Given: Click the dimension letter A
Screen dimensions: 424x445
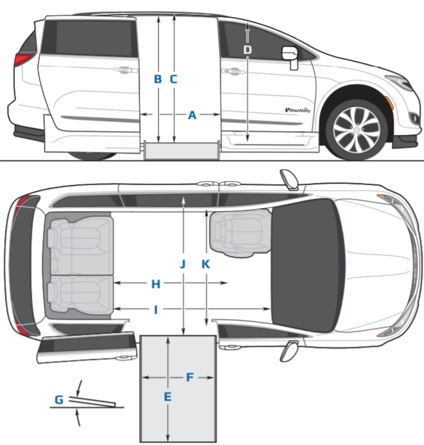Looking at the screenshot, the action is (x=192, y=115).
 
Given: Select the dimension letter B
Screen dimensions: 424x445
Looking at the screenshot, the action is (x=158, y=79).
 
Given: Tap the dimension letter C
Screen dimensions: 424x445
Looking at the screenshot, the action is (x=173, y=79).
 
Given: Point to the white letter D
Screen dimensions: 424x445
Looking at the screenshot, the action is (x=247, y=50).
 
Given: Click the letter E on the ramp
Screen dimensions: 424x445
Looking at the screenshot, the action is (x=168, y=397).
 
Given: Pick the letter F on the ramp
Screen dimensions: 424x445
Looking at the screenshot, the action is (x=190, y=377).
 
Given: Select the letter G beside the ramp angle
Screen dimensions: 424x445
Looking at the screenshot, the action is (x=59, y=400).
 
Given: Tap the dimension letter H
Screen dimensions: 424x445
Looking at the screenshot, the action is (x=156, y=284).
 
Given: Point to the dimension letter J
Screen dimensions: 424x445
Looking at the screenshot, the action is (x=183, y=264).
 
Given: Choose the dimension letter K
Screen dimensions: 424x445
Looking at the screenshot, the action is (x=206, y=264).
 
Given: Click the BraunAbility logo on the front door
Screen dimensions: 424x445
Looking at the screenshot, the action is (x=298, y=110).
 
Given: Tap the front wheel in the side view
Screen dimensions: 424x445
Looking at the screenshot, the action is (x=357, y=130).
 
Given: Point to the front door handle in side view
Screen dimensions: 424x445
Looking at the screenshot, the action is (x=234, y=72).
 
